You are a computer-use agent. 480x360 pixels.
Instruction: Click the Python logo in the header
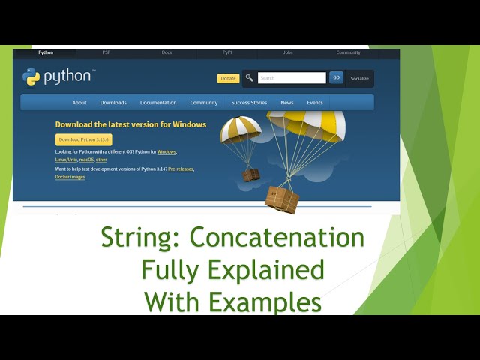pos(58,76)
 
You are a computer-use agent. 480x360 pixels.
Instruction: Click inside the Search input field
pos(291,78)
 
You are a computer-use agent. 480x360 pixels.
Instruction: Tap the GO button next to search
pos(336,77)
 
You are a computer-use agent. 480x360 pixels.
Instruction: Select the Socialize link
pos(360,78)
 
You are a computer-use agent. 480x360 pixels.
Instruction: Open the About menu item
pos(79,103)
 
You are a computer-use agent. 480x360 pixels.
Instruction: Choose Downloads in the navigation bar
pos(113,103)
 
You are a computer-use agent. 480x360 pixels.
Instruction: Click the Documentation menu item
pos(158,103)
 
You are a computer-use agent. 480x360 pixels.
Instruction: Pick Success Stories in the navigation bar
pos(249,103)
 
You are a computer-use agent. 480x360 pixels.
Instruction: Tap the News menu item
pos(287,103)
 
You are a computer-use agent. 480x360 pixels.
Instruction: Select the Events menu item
pos(315,103)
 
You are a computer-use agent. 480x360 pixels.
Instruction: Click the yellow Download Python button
pos(83,139)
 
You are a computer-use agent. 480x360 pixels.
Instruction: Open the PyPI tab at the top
pos(227,52)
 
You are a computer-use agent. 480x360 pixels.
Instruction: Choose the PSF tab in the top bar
pos(106,52)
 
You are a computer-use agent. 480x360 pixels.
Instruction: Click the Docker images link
pos(70,178)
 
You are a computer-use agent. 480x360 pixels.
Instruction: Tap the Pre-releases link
pos(181,169)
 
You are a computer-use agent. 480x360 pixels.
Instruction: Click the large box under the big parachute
pos(282,199)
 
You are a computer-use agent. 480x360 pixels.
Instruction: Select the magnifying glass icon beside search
pos(249,78)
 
